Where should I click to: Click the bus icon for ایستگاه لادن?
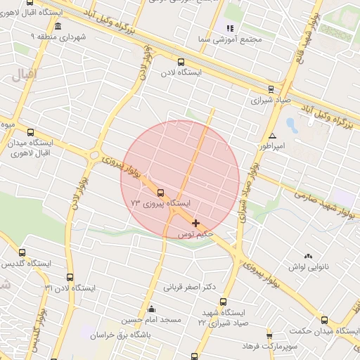(181, 62)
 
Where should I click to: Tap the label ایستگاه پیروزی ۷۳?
(160, 203)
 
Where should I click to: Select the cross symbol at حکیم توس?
(195, 223)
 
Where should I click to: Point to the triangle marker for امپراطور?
(272, 136)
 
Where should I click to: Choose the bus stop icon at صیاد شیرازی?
(271, 89)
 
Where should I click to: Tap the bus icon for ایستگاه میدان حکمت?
(325, 320)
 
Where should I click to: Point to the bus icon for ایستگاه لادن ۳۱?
(69, 277)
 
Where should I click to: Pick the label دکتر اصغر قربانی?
(188, 287)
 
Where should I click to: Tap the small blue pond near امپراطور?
(291, 125)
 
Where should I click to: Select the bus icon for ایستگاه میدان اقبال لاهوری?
(30, 131)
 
